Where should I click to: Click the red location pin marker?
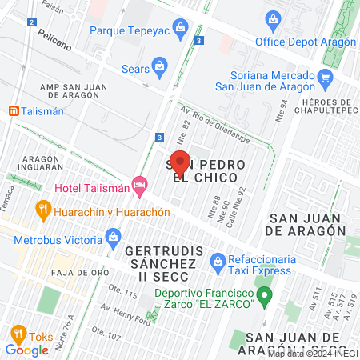[180, 162]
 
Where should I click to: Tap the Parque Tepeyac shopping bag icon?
[181, 30]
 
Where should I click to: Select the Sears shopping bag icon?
[160, 64]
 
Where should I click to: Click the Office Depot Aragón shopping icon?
[273, 19]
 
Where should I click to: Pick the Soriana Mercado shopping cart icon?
[325, 78]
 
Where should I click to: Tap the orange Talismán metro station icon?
[13, 112]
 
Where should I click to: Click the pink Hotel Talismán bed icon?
[140, 186]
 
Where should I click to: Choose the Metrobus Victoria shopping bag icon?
[113, 237]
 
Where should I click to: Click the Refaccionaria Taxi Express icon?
[217, 259]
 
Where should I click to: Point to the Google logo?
[26, 349]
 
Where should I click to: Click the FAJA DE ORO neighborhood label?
[56, 273]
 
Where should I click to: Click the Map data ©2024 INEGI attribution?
[312, 354]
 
